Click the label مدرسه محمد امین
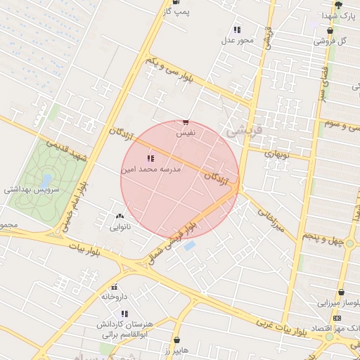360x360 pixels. coord(151,169)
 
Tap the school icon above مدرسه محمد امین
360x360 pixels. coord(150,159)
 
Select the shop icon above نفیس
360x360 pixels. coord(185,122)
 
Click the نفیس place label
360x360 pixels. coord(186,132)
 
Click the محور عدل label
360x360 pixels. coord(237,40)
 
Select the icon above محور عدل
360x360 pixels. coord(237,30)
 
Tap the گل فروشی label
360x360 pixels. coord(332,41)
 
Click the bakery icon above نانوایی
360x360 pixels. coord(119,217)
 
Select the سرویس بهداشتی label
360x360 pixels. coord(32,190)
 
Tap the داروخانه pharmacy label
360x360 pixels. coord(113,297)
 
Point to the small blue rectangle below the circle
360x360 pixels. coord(190,246)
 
